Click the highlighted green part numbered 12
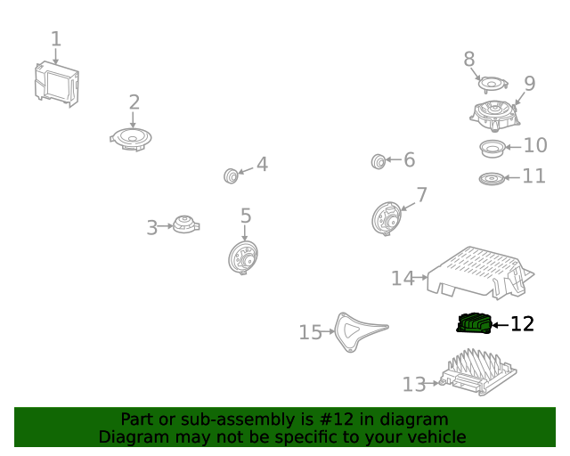pos(474,323)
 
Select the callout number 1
pos(55,38)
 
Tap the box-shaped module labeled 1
pos(57,85)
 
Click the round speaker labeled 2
pos(131,139)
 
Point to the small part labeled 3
pos(186,224)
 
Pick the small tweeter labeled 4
pos(231,176)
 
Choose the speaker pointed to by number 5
pos(243,257)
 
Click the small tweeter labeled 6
pos(379,161)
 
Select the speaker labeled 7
pos(386,218)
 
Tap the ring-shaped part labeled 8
pos(493,84)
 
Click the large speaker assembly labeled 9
pos(494,117)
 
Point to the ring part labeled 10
pos(493,149)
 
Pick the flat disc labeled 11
pos(491,178)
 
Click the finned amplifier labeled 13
pos(478,373)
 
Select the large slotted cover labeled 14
pos(481,273)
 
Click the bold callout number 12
pos(523,323)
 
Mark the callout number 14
pos(403,279)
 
